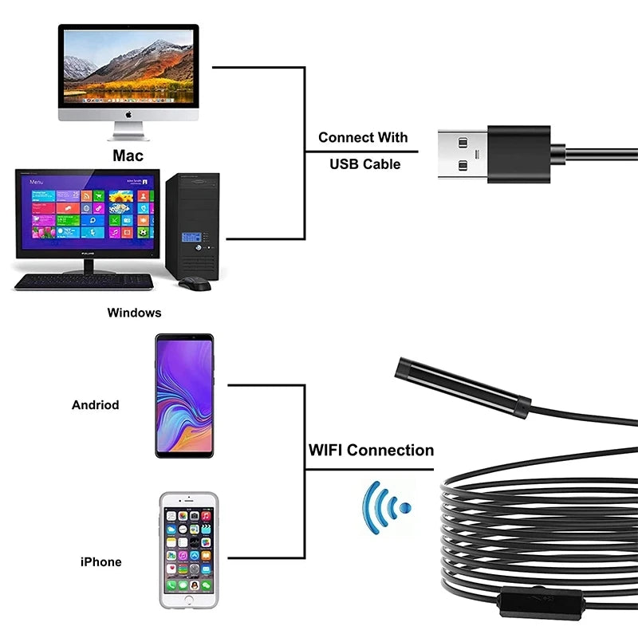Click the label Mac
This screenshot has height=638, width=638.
[128, 155]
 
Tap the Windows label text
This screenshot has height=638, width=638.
[134, 313]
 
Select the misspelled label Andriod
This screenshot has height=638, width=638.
[95, 404]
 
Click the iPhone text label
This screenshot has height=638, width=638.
[100, 561]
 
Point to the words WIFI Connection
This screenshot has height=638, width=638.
[371, 451]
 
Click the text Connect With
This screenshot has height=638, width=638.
[363, 137]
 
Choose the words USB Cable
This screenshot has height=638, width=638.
[364, 163]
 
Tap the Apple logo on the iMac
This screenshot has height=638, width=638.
[128, 115]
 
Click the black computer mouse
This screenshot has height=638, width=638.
[194, 283]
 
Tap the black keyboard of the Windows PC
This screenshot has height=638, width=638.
[84, 281]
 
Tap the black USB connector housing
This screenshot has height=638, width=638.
[519, 153]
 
